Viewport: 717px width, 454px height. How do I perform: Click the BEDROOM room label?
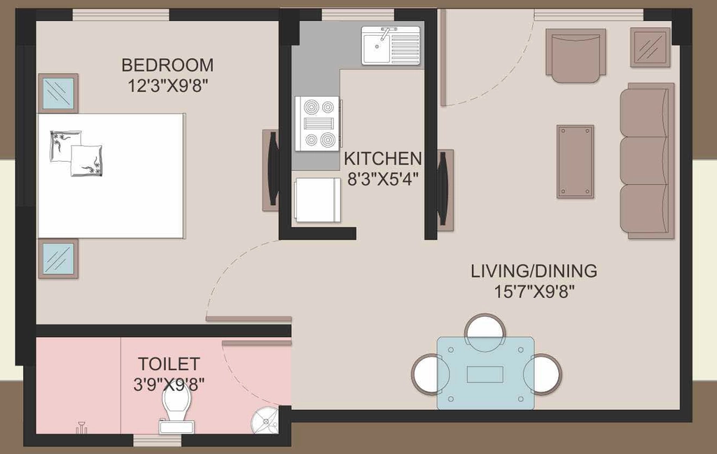pyautogui.click(x=167, y=65)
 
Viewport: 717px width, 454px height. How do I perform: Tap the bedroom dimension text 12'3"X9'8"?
pyautogui.click(x=168, y=85)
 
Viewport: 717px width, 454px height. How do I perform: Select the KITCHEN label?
pyautogui.click(x=383, y=158)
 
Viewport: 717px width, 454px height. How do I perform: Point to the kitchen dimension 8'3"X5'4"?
pyautogui.click(x=383, y=179)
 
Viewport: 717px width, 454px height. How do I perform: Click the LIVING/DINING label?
pyautogui.click(x=534, y=270)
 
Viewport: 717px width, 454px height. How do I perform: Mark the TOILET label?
pyautogui.click(x=169, y=364)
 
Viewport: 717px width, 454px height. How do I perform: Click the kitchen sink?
pyautogui.click(x=391, y=46)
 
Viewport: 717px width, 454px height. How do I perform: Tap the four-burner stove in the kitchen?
pyautogui.click(x=317, y=123)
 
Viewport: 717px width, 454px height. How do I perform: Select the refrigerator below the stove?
pyautogui.click(x=318, y=200)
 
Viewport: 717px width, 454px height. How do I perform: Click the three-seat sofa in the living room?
pyautogui.click(x=647, y=160)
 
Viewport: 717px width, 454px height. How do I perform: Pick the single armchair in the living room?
pyautogui.click(x=576, y=55)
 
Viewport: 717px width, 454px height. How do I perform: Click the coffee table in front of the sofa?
pyautogui.click(x=576, y=162)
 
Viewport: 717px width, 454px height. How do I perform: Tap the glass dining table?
pyautogui.click(x=485, y=373)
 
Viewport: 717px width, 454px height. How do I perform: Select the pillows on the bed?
pyautogui.click(x=76, y=153)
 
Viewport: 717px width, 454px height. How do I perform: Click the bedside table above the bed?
pyautogui.click(x=58, y=93)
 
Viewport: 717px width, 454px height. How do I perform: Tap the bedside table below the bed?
pyautogui.click(x=58, y=259)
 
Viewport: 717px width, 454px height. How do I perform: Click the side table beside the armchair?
pyautogui.click(x=650, y=47)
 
